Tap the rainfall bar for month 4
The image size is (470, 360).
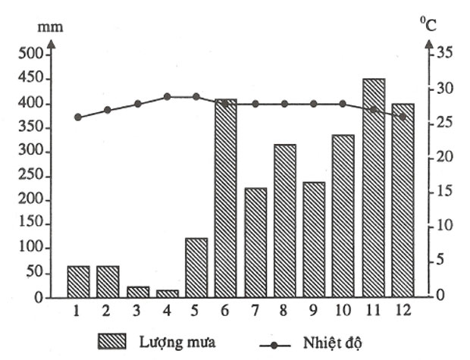[x=167, y=293]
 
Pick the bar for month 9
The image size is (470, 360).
[x=314, y=239]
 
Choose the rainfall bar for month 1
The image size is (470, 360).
[x=78, y=281]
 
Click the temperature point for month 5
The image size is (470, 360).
[x=196, y=96]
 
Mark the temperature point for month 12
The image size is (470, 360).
[x=403, y=117]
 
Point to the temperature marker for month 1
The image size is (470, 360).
[x=77, y=117]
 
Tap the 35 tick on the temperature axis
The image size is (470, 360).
[x=444, y=54]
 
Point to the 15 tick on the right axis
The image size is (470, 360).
[x=444, y=193]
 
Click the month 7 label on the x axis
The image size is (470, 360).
[x=255, y=311]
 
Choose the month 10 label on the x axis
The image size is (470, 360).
[x=343, y=311]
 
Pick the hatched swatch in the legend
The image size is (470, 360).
[x=117, y=340]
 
